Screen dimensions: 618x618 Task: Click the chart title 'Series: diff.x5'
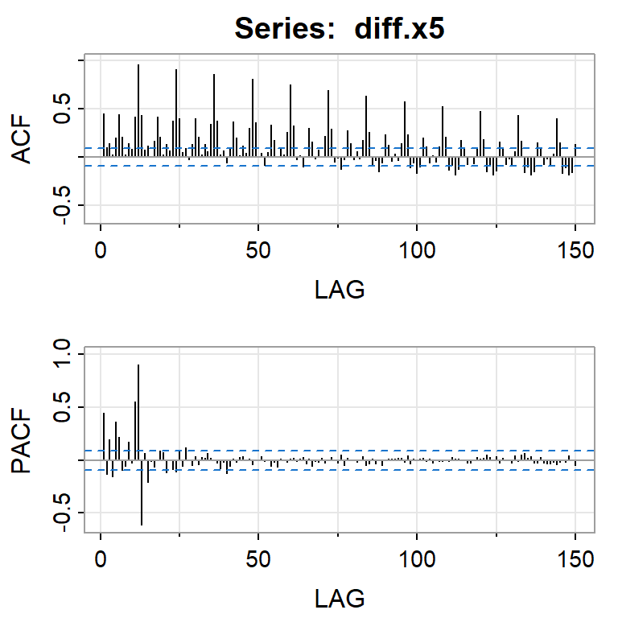point(339,28)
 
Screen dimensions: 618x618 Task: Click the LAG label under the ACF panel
point(339,288)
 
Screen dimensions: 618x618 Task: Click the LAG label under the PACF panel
point(339,597)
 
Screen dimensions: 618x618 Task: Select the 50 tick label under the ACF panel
point(258,250)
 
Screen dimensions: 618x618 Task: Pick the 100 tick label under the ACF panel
point(417,250)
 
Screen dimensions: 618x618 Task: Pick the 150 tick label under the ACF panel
point(575,250)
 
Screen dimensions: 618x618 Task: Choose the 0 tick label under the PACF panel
point(101,559)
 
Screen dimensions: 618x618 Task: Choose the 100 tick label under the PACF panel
point(417,559)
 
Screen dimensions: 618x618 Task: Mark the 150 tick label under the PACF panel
point(575,559)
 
